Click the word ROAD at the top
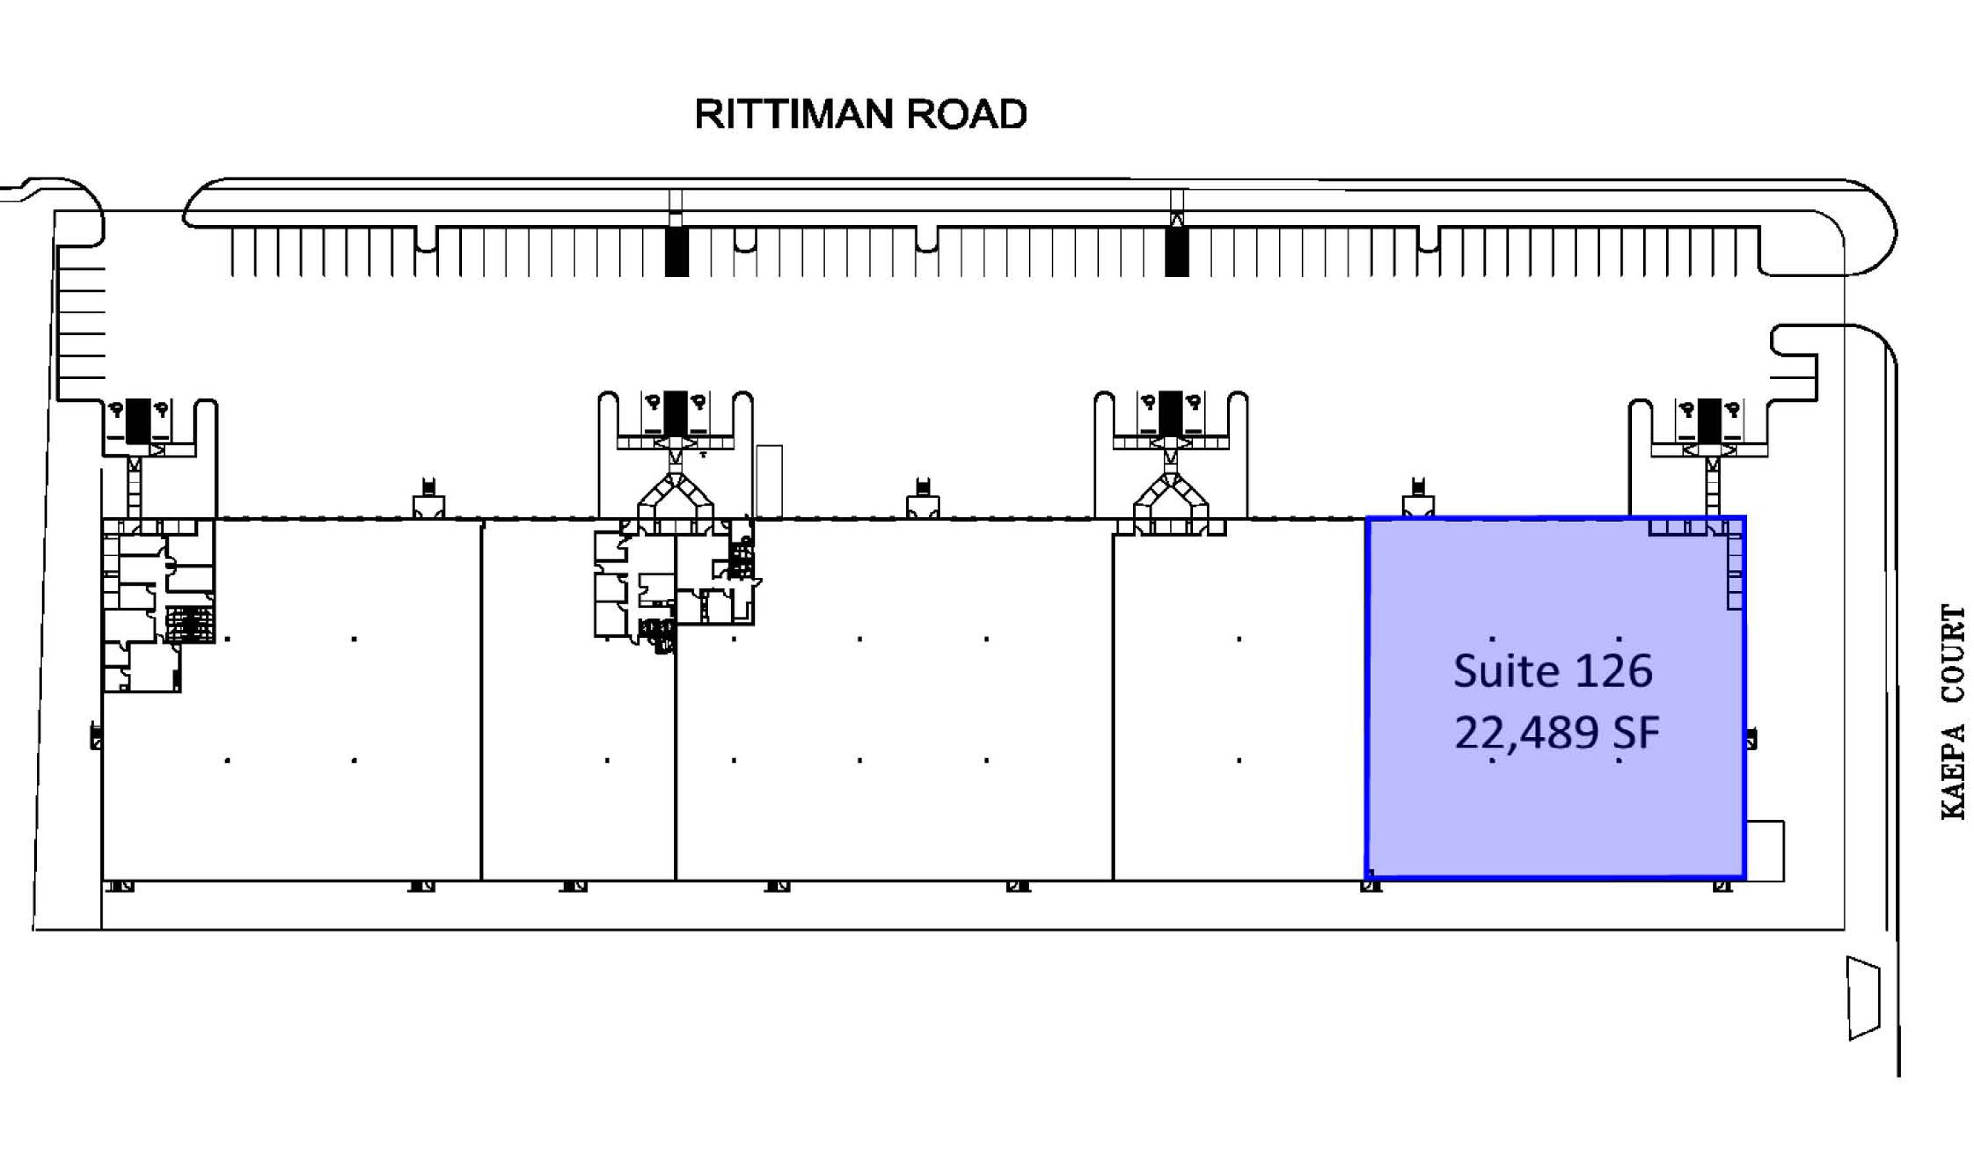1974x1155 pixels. (967, 115)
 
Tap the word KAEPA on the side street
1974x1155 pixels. (1952, 772)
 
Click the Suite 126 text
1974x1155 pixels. (1553, 671)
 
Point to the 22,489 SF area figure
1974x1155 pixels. (1556, 733)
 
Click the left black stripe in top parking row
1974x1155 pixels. (676, 251)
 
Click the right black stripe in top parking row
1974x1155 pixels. (1176, 251)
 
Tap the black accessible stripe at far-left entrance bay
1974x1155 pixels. (138, 422)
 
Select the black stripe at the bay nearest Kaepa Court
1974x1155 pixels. (1709, 422)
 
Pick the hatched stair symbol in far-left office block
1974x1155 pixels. (189, 625)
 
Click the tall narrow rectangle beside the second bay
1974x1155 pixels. (769, 481)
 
